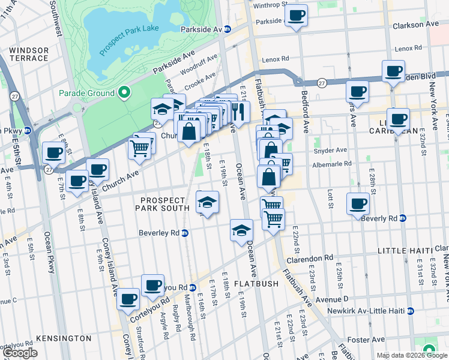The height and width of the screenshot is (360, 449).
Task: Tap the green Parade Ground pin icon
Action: pos(124,92)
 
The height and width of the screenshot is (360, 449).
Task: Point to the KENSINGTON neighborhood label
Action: pos(64,338)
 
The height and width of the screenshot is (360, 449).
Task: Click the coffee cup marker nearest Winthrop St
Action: pos(296,16)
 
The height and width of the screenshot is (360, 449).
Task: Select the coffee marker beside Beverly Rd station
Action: pos(358,203)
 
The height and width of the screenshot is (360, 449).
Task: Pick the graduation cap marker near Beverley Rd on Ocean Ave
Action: pos(241,230)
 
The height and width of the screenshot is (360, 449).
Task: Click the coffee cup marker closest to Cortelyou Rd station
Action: pos(153,284)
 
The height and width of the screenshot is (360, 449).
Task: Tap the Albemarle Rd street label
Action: pos(331,163)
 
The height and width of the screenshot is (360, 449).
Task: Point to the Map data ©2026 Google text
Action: pos(412,355)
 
